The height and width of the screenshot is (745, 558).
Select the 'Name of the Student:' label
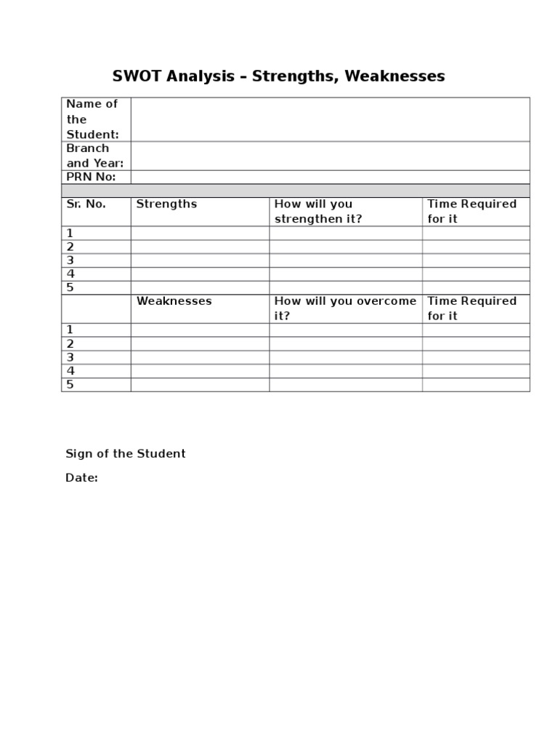pyautogui.click(x=92, y=119)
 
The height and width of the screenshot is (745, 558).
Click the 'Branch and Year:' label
pyautogui.click(x=95, y=156)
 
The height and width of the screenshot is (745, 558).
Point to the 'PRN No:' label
pyautogui.click(x=91, y=177)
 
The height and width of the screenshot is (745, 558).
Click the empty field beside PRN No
pyautogui.click(x=330, y=177)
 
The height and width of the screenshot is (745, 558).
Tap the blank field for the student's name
pyautogui.click(x=330, y=119)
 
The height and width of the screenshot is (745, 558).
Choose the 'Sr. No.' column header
pyautogui.click(x=86, y=204)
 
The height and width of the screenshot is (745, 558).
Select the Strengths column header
pyautogui.click(x=166, y=204)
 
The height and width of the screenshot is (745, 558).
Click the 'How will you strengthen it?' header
pyautogui.click(x=318, y=212)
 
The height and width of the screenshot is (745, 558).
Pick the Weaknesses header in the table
pyautogui.click(x=174, y=301)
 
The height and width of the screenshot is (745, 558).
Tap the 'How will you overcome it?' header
pyautogui.click(x=345, y=308)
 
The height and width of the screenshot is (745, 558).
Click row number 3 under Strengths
pyautogui.click(x=70, y=260)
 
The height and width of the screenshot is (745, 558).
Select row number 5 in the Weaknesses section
pyautogui.click(x=70, y=385)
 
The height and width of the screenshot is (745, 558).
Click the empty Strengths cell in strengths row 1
pyautogui.click(x=200, y=233)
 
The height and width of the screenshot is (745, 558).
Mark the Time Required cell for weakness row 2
pyautogui.click(x=475, y=343)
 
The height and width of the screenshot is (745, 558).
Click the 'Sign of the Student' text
pyautogui.click(x=126, y=454)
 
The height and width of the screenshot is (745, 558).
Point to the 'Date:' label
pyautogui.click(x=82, y=478)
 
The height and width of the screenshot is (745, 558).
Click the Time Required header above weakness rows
pyautogui.click(x=472, y=308)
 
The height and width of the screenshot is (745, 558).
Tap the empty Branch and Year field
pyautogui.click(x=330, y=156)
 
